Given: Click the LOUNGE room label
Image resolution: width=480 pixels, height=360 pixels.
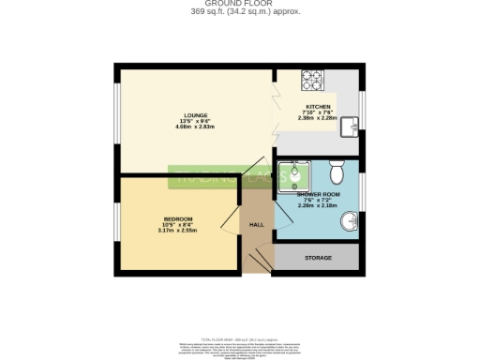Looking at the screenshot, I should tap(184, 115).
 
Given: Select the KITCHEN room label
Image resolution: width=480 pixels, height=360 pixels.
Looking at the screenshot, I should tap(319, 107).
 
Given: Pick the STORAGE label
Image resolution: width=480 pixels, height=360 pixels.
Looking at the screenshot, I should tap(316, 257).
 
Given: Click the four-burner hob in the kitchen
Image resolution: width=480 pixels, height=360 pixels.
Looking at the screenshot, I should tap(310, 79).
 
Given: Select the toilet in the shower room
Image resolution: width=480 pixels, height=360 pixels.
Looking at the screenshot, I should tap(336, 172).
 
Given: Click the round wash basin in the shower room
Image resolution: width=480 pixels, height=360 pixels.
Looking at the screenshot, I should tap(348, 221).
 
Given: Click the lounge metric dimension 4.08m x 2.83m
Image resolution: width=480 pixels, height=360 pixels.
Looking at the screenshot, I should tap(184, 127).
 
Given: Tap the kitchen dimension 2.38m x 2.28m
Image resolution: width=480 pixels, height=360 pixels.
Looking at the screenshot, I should tap(319, 118).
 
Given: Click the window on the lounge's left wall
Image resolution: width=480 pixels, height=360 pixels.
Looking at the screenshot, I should tap(115, 118).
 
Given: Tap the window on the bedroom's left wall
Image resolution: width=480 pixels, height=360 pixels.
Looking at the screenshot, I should tap(115, 221).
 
